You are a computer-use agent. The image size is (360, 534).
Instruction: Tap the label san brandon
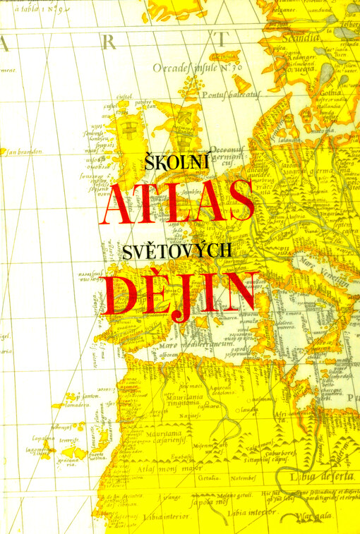point(24,151)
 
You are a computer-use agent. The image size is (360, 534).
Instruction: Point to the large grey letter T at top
point(224,39)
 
